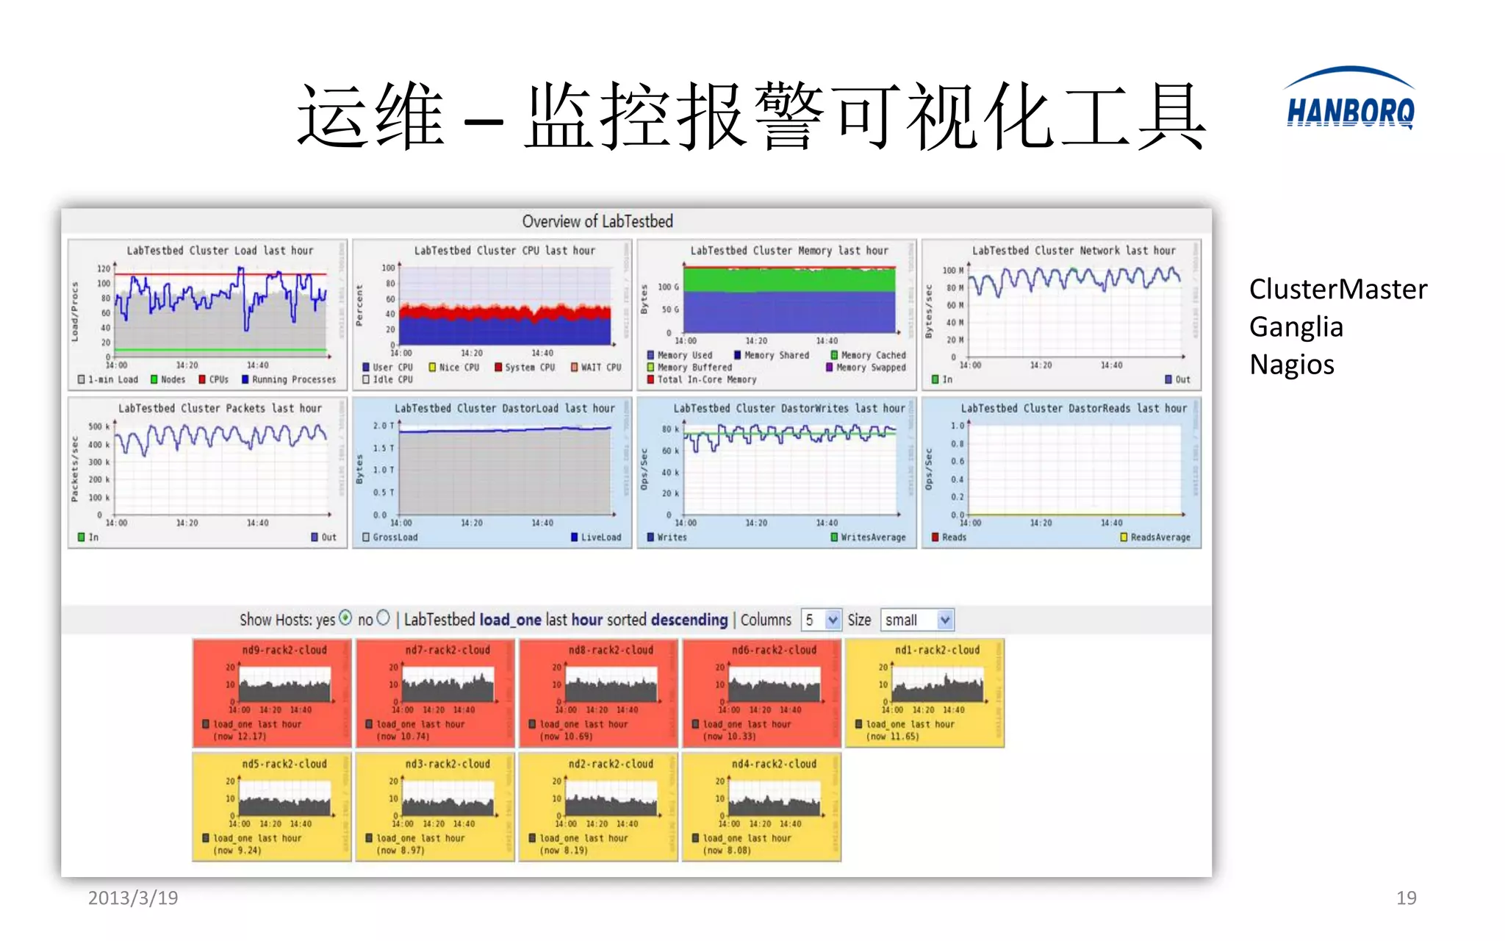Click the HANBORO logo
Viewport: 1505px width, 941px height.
click(1349, 101)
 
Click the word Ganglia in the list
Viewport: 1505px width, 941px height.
click(1296, 327)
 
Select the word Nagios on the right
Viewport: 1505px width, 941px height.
click(1291, 365)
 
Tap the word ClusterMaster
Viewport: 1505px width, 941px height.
click(1337, 289)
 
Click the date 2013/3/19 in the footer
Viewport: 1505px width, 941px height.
click(133, 898)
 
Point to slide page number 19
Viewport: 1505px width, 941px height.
click(1406, 898)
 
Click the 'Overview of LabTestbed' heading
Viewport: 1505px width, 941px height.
click(597, 221)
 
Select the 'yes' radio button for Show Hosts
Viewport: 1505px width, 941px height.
click(345, 618)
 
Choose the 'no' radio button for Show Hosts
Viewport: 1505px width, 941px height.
click(383, 618)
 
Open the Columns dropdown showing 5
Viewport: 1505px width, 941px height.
click(821, 620)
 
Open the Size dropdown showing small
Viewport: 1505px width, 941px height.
click(917, 620)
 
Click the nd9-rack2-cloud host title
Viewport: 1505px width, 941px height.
click(284, 650)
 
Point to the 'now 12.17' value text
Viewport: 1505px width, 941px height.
click(240, 736)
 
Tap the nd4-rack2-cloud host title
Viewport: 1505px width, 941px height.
click(774, 764)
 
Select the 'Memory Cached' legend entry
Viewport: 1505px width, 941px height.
click(872, 355)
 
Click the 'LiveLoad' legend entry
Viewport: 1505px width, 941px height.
click(600, 537)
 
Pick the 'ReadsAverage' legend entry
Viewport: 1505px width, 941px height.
click(1160, 537)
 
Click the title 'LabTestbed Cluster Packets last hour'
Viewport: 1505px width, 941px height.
click(220, 408)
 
